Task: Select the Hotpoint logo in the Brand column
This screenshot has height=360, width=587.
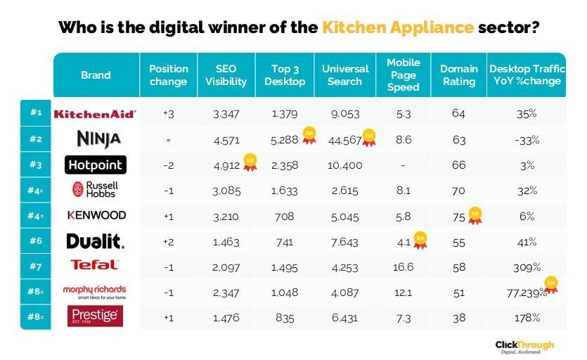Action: click(x=96, y=165)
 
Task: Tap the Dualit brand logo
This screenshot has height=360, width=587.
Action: click(x=96, y=242)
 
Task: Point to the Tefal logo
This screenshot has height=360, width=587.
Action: click(x=96, y=265)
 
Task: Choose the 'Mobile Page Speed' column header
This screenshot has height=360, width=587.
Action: click(x=403, y=75)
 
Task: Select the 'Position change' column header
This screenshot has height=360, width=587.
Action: click(x=169, y=75)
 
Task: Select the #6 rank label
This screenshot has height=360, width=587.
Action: click(x=36, y=241)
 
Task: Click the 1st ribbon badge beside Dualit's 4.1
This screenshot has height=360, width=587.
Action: click(x=420, y=240)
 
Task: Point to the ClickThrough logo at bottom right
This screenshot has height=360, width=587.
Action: click(x=524, y=346)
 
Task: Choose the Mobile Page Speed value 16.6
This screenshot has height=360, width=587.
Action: click(x=403, y=266)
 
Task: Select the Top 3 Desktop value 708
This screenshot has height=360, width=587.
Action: click(x=285, y=216)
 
